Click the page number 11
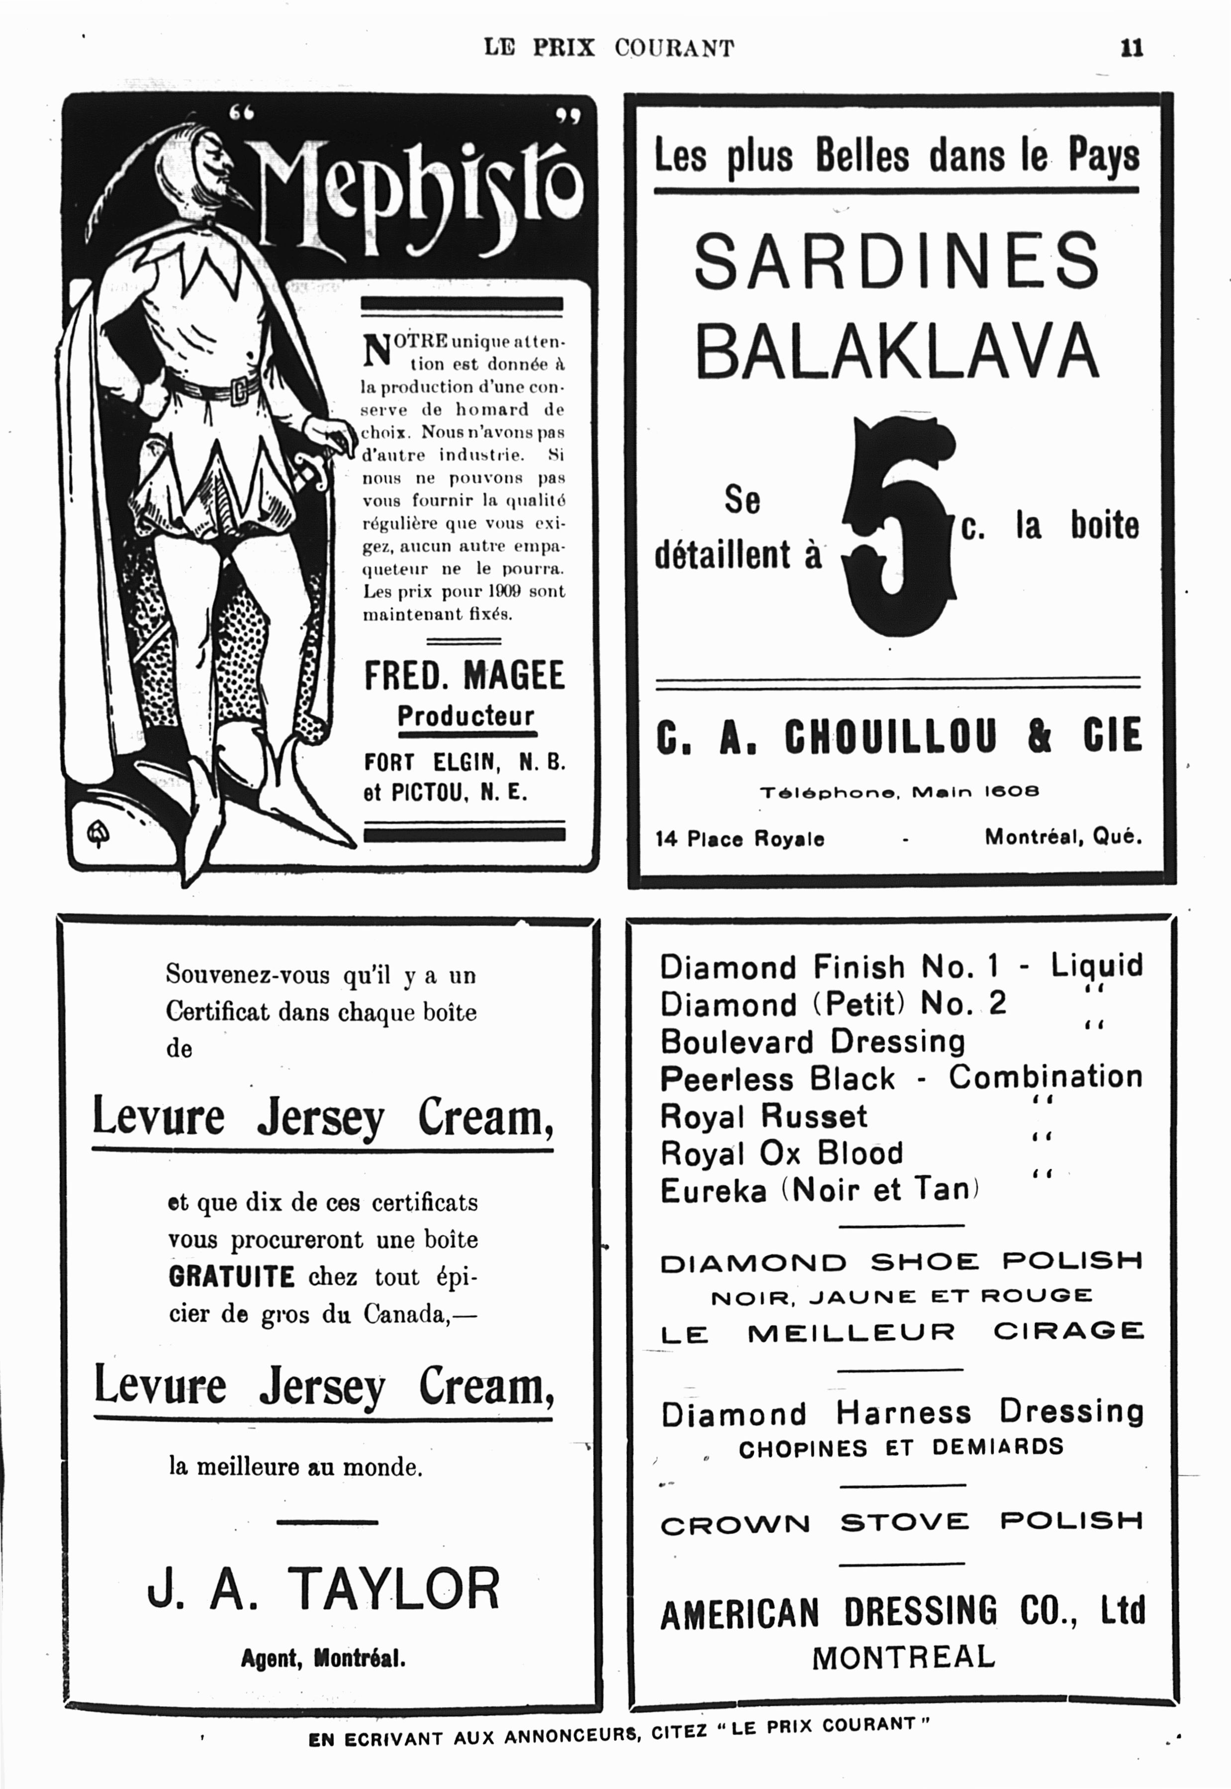[x=1131, y=48]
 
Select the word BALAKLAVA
[x=896, y=350]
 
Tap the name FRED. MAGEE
[x=465, y=675]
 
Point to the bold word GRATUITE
[x=231, y=1277]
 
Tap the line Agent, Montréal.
[x=323, y=1658]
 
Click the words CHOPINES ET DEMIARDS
[x=901, y=1447]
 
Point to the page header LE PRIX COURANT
[x=609, y=48]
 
